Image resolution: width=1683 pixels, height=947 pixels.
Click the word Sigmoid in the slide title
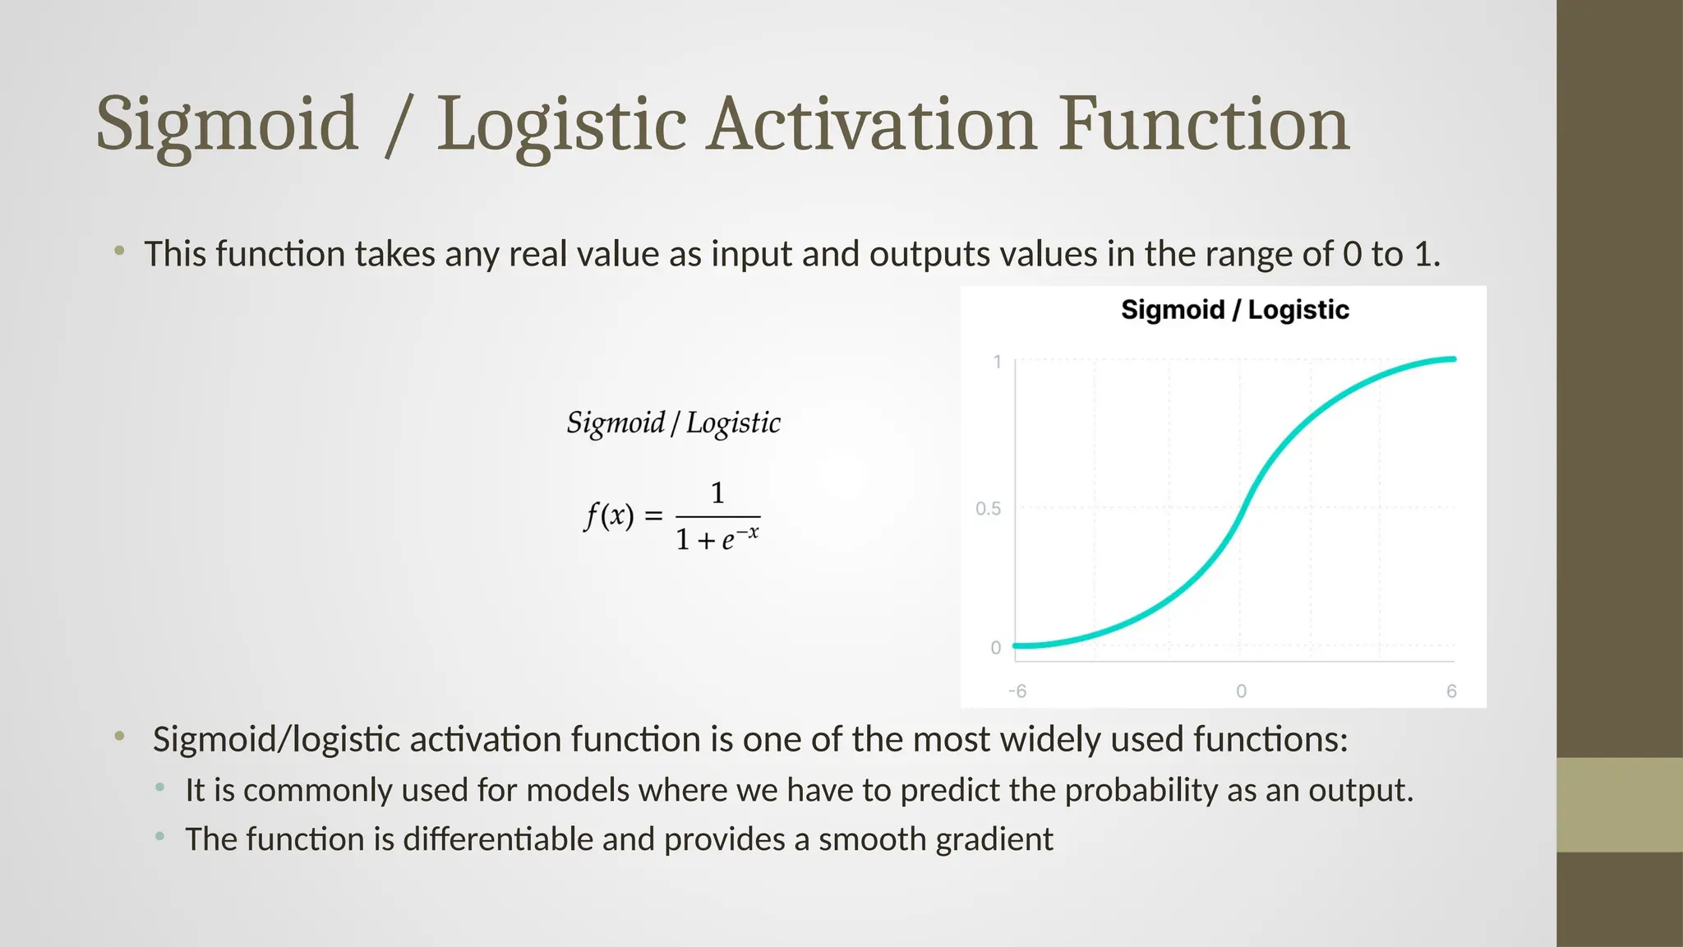pos(227,125)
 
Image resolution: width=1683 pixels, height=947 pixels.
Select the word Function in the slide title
pos(1203,125)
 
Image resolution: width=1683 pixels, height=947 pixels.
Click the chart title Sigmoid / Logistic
pos(1234,310)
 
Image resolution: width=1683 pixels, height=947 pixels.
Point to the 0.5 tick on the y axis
pos(988,509)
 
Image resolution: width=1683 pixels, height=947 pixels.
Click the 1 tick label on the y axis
pos(997,362)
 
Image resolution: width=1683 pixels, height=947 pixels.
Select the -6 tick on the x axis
pos(1017,691)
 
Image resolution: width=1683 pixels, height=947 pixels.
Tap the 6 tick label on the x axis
pos(1451,691)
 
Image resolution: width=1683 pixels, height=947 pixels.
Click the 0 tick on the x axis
pos(1241,691)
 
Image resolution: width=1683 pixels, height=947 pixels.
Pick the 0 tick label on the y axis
pos(996,648)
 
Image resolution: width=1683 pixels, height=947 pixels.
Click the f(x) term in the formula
pos(609,516)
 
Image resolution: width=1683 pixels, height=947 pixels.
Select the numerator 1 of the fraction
pos(717,492)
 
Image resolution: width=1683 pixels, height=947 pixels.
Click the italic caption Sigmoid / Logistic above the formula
pos(673,423)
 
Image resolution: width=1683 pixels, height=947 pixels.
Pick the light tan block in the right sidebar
pos(1619,805)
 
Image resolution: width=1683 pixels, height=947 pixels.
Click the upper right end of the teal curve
pos(1452,359)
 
